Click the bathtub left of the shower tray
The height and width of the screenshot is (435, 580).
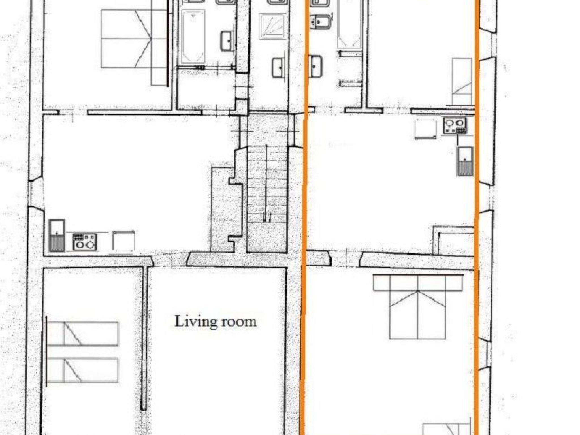tap(193, 37)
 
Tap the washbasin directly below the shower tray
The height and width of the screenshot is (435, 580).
tap(279, 68)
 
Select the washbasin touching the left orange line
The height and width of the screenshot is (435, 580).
tap(315, 66)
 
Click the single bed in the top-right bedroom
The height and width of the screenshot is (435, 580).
tap(462, 82)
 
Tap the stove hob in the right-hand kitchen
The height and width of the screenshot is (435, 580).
tap(455, 125)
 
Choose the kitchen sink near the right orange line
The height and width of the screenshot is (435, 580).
tap(465, 161)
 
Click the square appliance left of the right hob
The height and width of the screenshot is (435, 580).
tap(425, 129)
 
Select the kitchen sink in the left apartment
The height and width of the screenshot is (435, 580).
tap(57, 236)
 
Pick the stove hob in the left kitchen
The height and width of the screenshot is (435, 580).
tap(85, 242)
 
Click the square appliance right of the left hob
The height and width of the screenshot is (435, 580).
tap(123, 241)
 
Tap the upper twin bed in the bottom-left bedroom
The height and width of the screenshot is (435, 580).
tap(82, 334)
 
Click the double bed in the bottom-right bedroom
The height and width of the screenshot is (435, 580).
tap(418, 307)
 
